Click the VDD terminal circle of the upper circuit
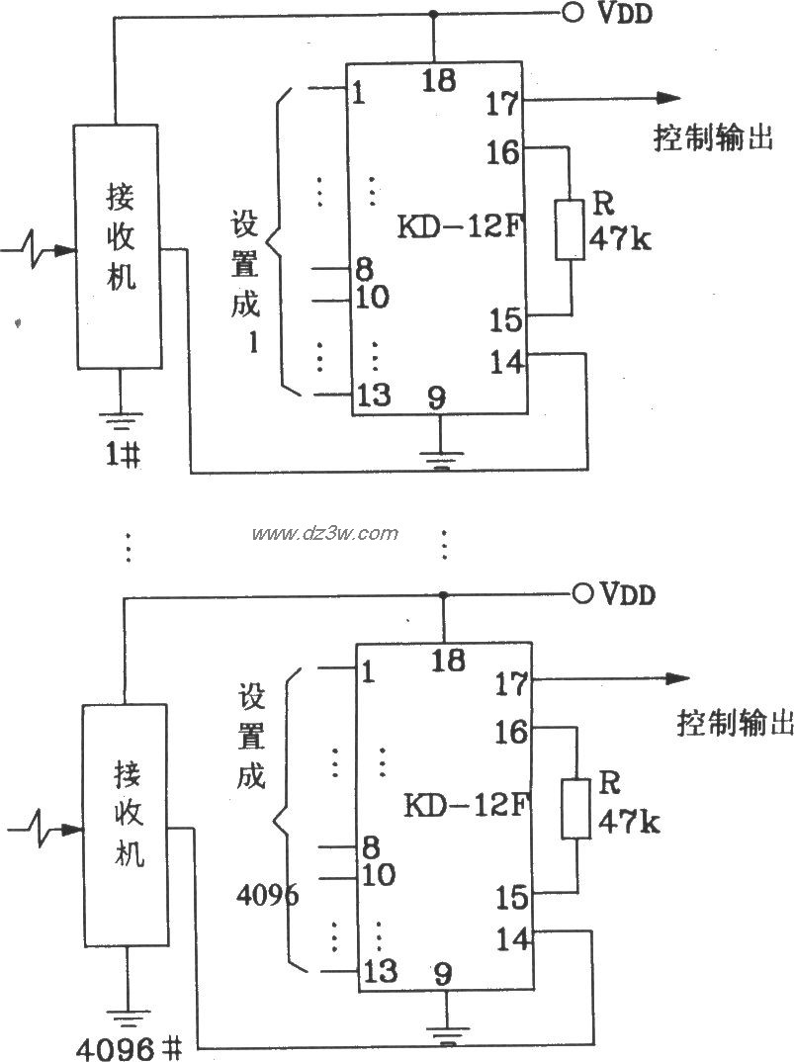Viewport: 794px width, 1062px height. tap(571, 13)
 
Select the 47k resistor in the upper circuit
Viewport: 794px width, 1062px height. tap(569, 229)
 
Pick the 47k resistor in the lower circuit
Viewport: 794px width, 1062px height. tap(574, 810)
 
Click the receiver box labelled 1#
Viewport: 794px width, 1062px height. tap(120, 247)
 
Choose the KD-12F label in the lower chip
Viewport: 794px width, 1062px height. tap(462, 806)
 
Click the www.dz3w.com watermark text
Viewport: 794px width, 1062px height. tap(324, 534)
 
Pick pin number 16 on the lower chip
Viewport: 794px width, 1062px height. tap(512, 733)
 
